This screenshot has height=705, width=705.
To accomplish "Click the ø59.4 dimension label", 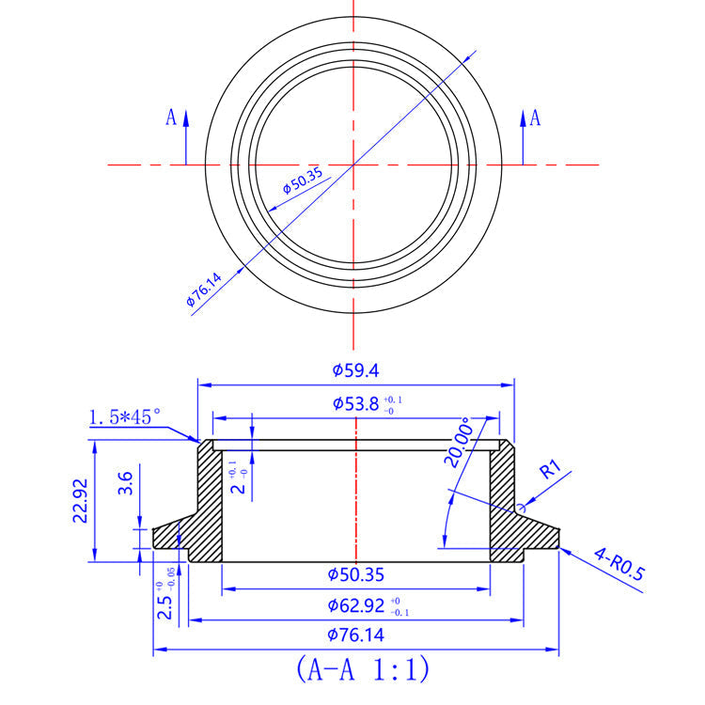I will pos(355,370).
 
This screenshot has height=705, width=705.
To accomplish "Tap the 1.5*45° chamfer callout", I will pos(125,416).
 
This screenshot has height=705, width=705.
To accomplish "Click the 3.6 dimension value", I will pos(127,484).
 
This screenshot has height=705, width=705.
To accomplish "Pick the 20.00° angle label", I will pos(462,443).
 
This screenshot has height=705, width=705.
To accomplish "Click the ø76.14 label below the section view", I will pos(355,634).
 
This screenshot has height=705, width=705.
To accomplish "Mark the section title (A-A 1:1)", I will pos(362,670).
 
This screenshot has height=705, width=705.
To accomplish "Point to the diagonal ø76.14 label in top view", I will pos(205,290).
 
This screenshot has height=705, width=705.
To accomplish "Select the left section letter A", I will pos(171,117).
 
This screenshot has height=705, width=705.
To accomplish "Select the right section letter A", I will pos(535,117).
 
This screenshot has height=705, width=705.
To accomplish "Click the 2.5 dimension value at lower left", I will pos(165,606).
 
